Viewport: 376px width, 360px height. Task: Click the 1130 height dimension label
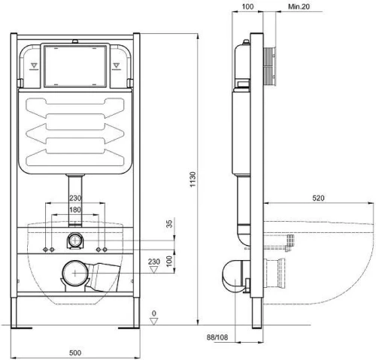tap(193, 179)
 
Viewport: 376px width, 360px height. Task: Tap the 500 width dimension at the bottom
tap(75, 352)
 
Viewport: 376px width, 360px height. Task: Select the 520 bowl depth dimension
tap(318, 198)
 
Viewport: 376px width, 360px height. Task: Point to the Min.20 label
tap(299, 7)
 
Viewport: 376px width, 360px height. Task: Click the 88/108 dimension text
tap(217, 337)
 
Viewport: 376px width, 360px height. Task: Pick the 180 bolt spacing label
tap(75, 210)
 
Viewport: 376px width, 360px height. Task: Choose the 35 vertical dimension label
tap(170, 224)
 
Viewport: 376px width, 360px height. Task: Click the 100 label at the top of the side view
tap(247, 7)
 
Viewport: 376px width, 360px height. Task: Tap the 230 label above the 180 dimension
tap(75, 198)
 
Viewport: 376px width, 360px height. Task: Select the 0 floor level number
tap(154, 313)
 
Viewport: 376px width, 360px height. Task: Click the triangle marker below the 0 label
tap(153, 322)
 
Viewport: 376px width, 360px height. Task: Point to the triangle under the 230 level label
tap(153, 270)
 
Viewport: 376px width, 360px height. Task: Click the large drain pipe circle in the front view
tap(75, 273)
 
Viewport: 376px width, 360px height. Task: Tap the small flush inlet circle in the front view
tap(75, 241)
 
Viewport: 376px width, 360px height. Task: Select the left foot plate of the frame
tap(21, 328)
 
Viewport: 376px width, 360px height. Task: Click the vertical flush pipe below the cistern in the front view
tap(75, 200)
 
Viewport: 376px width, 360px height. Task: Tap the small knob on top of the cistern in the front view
tap(75, 41)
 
